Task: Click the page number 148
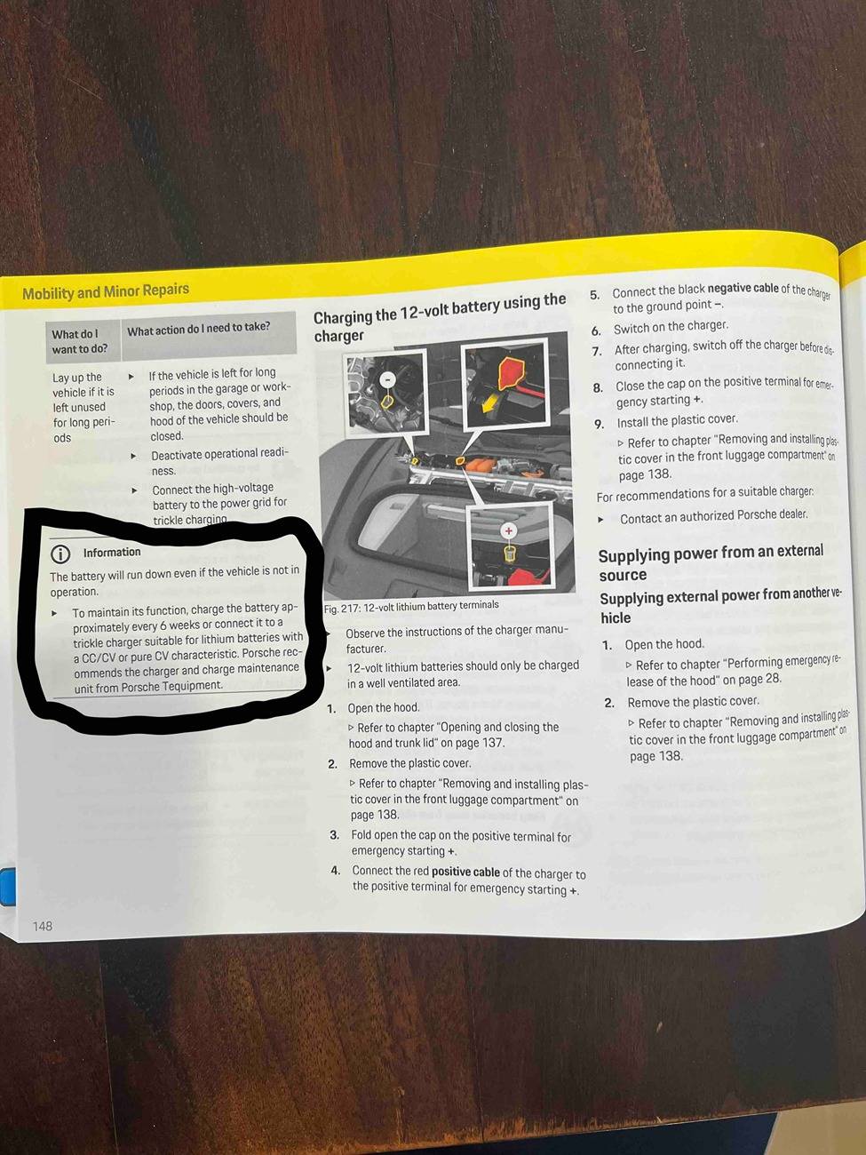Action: click(x=43, y=925)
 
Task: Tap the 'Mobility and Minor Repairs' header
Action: click(x=105, y=291)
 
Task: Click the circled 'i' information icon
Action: click(x=60, y=554)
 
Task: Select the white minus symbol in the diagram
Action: click(x=388, y=378)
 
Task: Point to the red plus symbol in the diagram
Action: click(x=508, y=531)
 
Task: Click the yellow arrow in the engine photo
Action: click(x=490, y=404)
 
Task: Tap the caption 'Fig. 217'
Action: click(x=338, y=609)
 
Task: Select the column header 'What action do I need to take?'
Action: click(x=199, y=329)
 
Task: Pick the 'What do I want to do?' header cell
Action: click(x=80, y=341)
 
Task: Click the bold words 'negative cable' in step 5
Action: click(x=743, y=289)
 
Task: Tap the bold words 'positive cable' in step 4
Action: click(x=465, y=872)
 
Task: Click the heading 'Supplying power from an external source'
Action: click(x=711, y=562)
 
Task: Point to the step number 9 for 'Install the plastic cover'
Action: click(x=599, y=423)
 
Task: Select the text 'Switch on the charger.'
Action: click(x=671, y=327)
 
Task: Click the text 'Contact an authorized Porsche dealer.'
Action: click(x=713, y=517)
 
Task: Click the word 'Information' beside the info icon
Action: click(x=112, y=552)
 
